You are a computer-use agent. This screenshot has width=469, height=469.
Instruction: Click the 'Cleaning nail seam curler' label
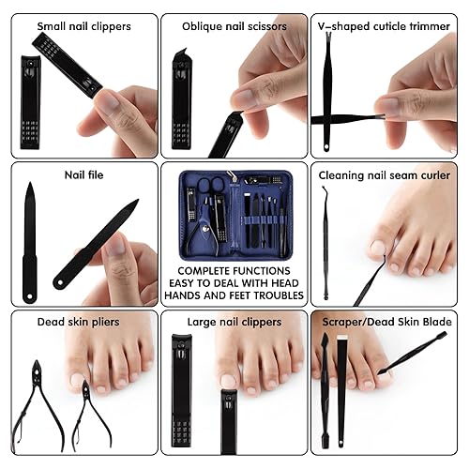coord(384,174)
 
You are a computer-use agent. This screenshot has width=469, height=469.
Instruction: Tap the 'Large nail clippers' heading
coord(234,322)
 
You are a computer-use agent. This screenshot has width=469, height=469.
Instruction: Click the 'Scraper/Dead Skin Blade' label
coord(385,322)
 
